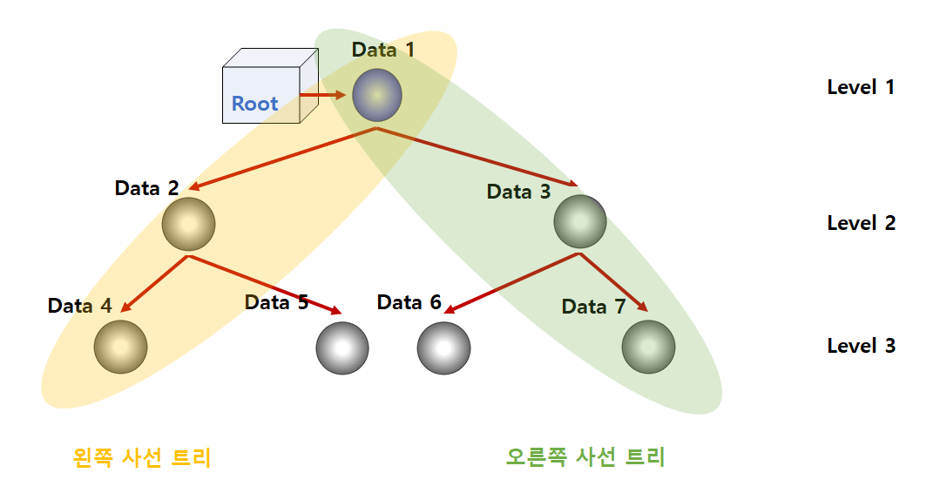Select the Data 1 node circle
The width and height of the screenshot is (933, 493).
pyautogui.click(x=377, y=95)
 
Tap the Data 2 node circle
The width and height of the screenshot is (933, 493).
pyautogui.click(x=188, y=224)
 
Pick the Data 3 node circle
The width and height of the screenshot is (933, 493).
pyautogui.click(x=580, y=221)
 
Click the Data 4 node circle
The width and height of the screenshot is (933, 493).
pyautogui.click(x=120, y=347)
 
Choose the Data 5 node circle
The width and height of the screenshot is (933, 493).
pyautogui.click(x=342, y=348)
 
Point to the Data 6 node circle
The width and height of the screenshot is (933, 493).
pyautogui.click(x=443, y=348)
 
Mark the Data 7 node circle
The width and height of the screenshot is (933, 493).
pyautogui.click(x=648, y=347)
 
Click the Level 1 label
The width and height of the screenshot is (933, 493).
pyautogui.click(x=861, y=87)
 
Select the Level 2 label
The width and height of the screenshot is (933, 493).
pyautogui.click(x=861, y=223)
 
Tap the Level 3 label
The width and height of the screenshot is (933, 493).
pyautogui.click(x=861, y=346)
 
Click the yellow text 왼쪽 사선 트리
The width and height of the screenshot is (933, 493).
pyautogui.click(x=142, y=457)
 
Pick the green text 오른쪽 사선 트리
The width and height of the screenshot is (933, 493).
pyautogui.click(x=585, y=457)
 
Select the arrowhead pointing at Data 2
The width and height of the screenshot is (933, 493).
pyautogui.click(x=196, y=186)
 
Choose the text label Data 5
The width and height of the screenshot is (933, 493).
pyautogui.click(x=276, y=303)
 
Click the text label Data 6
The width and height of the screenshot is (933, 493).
pyautogui.click(x=409, y=303)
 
